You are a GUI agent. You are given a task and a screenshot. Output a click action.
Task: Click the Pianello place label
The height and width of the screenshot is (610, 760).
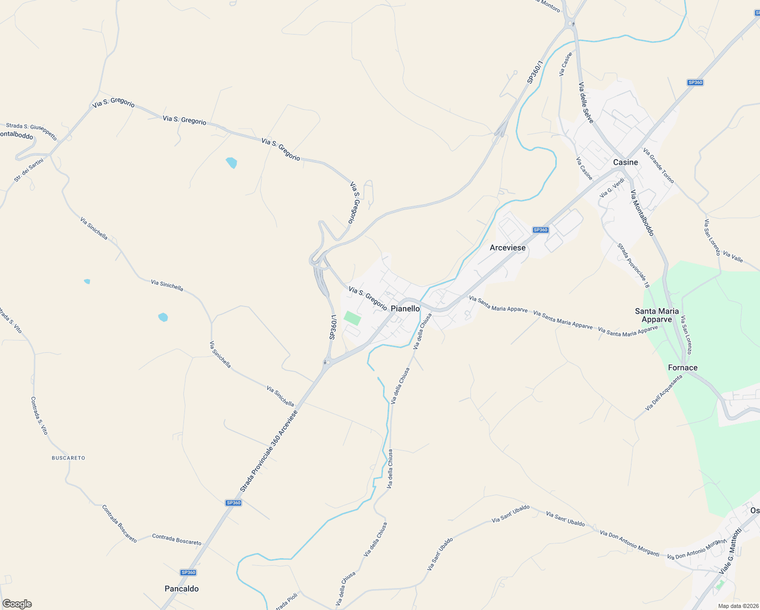click(405, 309)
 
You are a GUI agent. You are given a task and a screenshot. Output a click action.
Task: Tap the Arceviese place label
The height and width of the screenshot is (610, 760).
click(508, 248)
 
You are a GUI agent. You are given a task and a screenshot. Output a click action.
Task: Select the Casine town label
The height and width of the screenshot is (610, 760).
click(625, 162)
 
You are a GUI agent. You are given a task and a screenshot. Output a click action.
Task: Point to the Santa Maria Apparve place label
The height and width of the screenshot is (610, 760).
click(656, 315)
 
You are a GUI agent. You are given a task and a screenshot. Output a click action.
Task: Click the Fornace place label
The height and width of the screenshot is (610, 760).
click(682, 368)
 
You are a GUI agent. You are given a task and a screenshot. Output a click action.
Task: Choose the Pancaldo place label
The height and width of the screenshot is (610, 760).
click(181, 589)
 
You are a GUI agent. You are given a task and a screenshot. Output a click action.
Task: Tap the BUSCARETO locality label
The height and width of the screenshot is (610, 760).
click(69, 458)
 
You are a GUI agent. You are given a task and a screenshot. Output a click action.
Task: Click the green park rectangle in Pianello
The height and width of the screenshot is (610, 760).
click(352, 319)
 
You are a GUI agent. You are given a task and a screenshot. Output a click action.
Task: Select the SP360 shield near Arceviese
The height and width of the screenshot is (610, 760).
click(541, 230)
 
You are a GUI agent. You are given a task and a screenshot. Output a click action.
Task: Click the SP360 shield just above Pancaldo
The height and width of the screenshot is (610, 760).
click(188, 572)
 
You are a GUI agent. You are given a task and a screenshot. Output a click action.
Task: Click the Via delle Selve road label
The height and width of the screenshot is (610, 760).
click(586, 102)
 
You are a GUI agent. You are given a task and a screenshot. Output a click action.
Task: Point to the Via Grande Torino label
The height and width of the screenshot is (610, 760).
click(658, 166)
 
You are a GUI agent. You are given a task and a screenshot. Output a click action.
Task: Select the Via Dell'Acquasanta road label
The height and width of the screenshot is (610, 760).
click(664, 392)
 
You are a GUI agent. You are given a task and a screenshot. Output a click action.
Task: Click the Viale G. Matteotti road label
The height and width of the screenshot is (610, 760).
click(731, 551)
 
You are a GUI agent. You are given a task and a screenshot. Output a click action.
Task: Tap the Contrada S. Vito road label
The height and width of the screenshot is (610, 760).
click(39, 415)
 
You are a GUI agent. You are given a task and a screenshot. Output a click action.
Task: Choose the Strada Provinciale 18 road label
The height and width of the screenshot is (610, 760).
click(633, 266)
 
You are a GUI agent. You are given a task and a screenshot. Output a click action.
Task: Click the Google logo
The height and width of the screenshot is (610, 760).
click(17, 604)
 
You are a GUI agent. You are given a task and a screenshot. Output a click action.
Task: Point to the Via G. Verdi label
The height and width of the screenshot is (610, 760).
click(612, 188)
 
